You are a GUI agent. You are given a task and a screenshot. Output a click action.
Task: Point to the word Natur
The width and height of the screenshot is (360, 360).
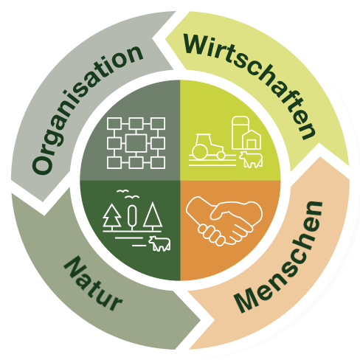[93, 283]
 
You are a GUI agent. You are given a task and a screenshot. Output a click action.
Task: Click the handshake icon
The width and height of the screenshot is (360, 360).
[224, 221]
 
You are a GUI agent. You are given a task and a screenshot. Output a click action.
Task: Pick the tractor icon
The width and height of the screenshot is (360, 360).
[208, 147]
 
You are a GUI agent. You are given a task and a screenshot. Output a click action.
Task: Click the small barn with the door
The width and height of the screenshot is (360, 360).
[252, 140]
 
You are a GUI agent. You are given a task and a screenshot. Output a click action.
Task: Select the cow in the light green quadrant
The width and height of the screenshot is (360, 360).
[251, 159]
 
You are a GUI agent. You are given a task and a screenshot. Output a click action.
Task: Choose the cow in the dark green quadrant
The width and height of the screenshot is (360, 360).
[159, 243]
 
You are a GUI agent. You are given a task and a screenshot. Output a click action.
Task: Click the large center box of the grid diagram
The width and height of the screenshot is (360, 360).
[136, 143]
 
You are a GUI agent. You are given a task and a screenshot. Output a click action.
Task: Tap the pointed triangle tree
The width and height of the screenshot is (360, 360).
[153, 215]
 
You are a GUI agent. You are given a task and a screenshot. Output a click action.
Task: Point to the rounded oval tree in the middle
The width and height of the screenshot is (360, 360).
[132, 215]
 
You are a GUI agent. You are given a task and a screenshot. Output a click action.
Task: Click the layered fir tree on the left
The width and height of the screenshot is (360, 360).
[112, 215]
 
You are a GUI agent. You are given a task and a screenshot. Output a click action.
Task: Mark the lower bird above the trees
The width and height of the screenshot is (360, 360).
[132, 197]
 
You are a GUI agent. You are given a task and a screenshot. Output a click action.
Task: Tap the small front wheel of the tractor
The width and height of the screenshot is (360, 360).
[221, 155]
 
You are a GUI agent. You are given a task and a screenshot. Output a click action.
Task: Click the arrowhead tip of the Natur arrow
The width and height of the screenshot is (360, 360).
[201, 320]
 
